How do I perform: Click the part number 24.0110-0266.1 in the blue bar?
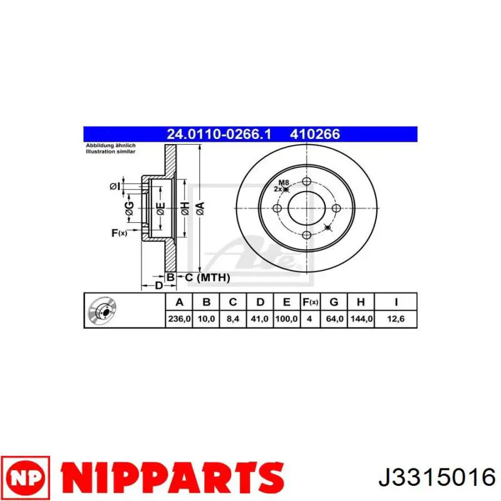[219, 134]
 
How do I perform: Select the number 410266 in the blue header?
[315, 134]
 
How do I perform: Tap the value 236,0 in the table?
[179, 319]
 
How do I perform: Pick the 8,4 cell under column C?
[232, 319]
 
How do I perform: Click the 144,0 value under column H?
[361, 319]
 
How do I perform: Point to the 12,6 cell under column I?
[396, 319]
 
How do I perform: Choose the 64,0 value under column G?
[334, 319]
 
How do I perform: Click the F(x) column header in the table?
[310, 302]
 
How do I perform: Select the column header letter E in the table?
[287, 302]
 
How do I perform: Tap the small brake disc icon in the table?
[102, 311]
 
